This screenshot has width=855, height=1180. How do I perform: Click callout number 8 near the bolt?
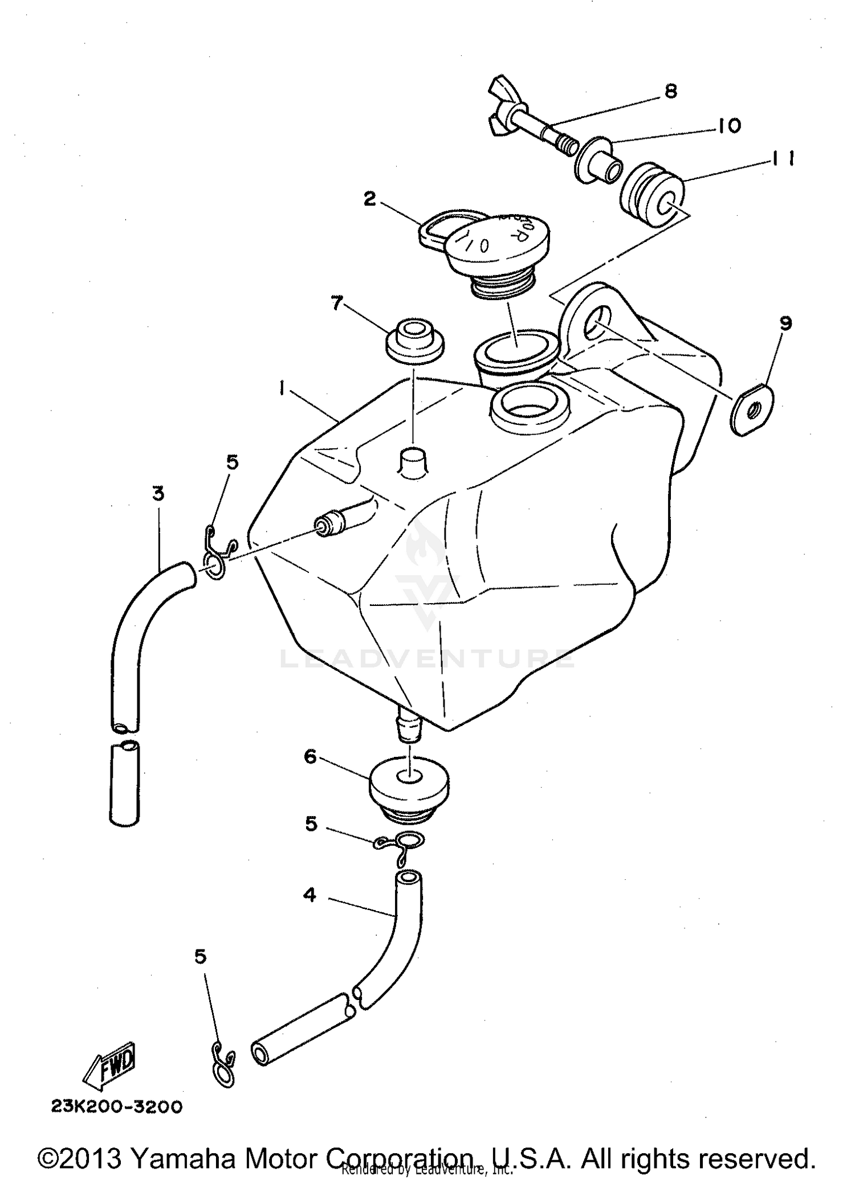(671, 91)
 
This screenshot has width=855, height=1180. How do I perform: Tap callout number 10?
(730, 125)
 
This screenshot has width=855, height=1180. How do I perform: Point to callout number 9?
(785, 323)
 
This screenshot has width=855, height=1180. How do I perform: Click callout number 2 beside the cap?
(370, 199)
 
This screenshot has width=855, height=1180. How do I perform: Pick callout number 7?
(337, 304)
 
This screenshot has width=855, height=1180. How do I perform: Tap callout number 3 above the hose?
(158, 493)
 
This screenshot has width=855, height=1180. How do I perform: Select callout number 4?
(310, 895)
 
